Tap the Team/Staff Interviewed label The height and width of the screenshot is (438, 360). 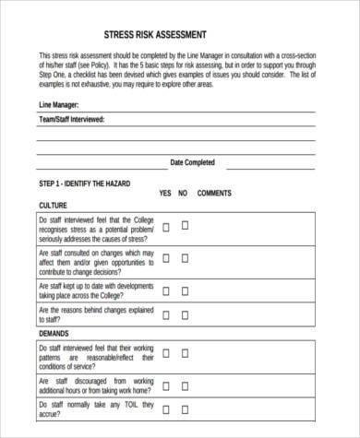(71, 120)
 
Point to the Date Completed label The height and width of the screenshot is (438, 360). (193, 162)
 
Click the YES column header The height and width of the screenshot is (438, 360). (165, 194)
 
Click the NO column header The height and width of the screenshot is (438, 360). (183, 194)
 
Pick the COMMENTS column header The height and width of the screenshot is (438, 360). (215, 194)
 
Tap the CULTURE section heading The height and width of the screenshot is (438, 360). (52, 206)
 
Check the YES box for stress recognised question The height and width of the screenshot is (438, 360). (166, 225)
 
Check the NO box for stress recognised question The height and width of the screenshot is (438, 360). (184, 225)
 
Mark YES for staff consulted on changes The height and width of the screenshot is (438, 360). (166, 257)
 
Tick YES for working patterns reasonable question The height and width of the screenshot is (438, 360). (166, 353)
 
